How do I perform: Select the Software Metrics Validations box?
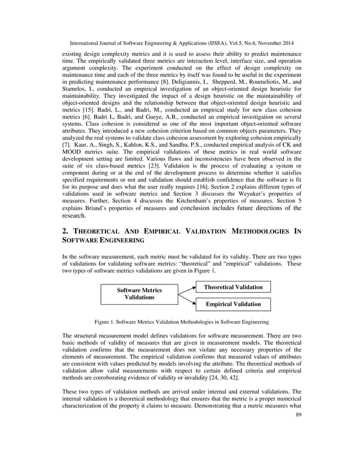[139, 293]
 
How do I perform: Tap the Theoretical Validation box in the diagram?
[233, 287]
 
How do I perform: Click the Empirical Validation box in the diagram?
[233, 304]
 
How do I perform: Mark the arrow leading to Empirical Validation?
[187, 299]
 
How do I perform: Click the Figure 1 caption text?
[181, 322]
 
